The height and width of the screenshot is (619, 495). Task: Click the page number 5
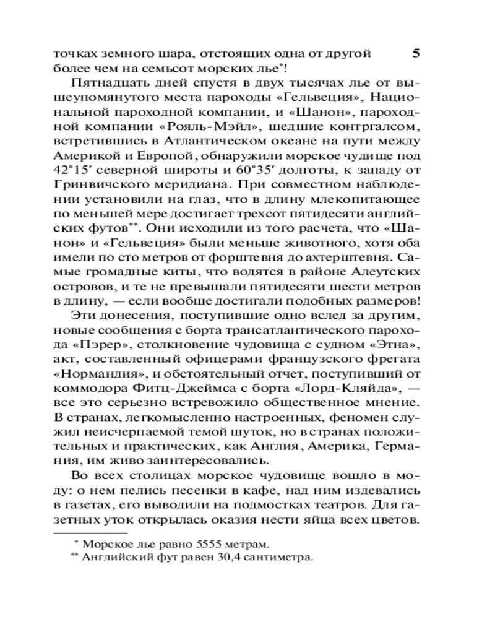point(416,53)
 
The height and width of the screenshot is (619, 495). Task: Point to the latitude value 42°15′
point(76,170)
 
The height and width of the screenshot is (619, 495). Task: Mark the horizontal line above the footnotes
point(90,532)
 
